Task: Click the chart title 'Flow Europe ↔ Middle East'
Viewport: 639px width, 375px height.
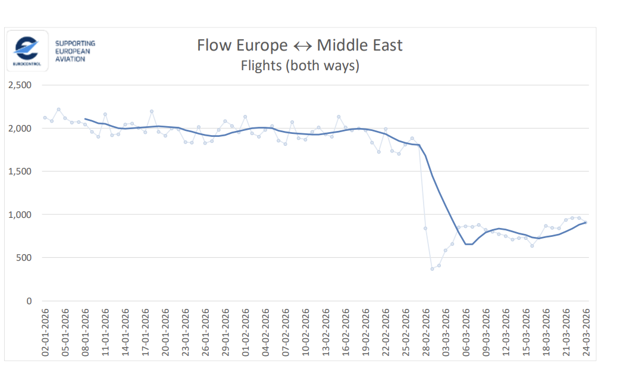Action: point(299,45)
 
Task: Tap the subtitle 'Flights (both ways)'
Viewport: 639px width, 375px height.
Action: point(299,65)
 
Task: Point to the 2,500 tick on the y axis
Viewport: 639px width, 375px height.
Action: point(20,85)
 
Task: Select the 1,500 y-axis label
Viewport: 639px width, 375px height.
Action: point(20,171)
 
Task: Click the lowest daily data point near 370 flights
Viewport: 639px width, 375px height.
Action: point(433,269)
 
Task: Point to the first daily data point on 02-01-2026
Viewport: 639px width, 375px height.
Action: point(45,118)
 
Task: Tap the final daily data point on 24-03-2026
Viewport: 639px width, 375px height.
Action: point(586,223)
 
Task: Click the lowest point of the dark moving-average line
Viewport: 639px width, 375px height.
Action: point(469,244)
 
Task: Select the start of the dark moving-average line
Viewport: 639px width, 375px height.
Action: point(86,119)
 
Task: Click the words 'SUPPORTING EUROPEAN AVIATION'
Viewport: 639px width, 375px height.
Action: point(75,51)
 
